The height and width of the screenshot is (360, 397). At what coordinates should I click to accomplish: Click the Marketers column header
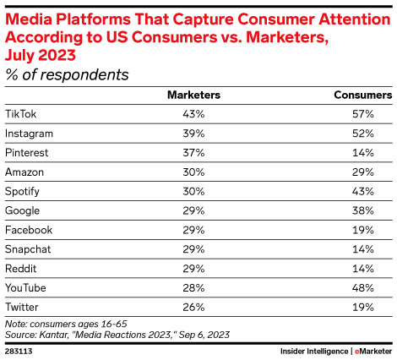click(193, 95)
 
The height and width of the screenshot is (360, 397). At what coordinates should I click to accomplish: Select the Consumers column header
click(363, 95)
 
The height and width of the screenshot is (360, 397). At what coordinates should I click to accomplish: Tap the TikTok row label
click(21, 114)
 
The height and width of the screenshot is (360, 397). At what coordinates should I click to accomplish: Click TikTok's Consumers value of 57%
click(363, 114)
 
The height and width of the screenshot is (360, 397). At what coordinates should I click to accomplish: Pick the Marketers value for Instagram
click(193, 134)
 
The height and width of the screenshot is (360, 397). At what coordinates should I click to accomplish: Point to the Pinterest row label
click(27, 153)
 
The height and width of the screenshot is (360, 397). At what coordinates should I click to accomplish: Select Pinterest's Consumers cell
click(363, 153)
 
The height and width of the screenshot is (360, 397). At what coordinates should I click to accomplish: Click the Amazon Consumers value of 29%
click(363, 172)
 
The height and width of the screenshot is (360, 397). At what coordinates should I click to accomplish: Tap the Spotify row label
click(22, 192)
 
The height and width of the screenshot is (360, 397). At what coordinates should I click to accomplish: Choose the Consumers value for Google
click(363, 210)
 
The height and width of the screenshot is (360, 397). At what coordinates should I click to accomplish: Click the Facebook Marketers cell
click(193, 230)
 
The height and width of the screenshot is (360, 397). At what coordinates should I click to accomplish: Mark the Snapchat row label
click(28, 249)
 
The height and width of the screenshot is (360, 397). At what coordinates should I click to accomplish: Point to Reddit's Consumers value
click(363, 269)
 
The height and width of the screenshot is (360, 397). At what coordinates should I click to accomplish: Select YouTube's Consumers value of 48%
click(363, 287)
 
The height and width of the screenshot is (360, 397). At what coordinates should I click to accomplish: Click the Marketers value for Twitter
click(193, 307)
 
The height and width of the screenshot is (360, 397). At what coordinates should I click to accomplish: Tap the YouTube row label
click(25, 287)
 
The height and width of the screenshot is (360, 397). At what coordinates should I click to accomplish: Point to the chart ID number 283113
click(19, 352)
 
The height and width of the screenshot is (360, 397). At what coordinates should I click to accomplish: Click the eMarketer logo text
click(373, 352)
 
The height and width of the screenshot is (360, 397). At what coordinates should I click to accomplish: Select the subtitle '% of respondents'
click(67, 75)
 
